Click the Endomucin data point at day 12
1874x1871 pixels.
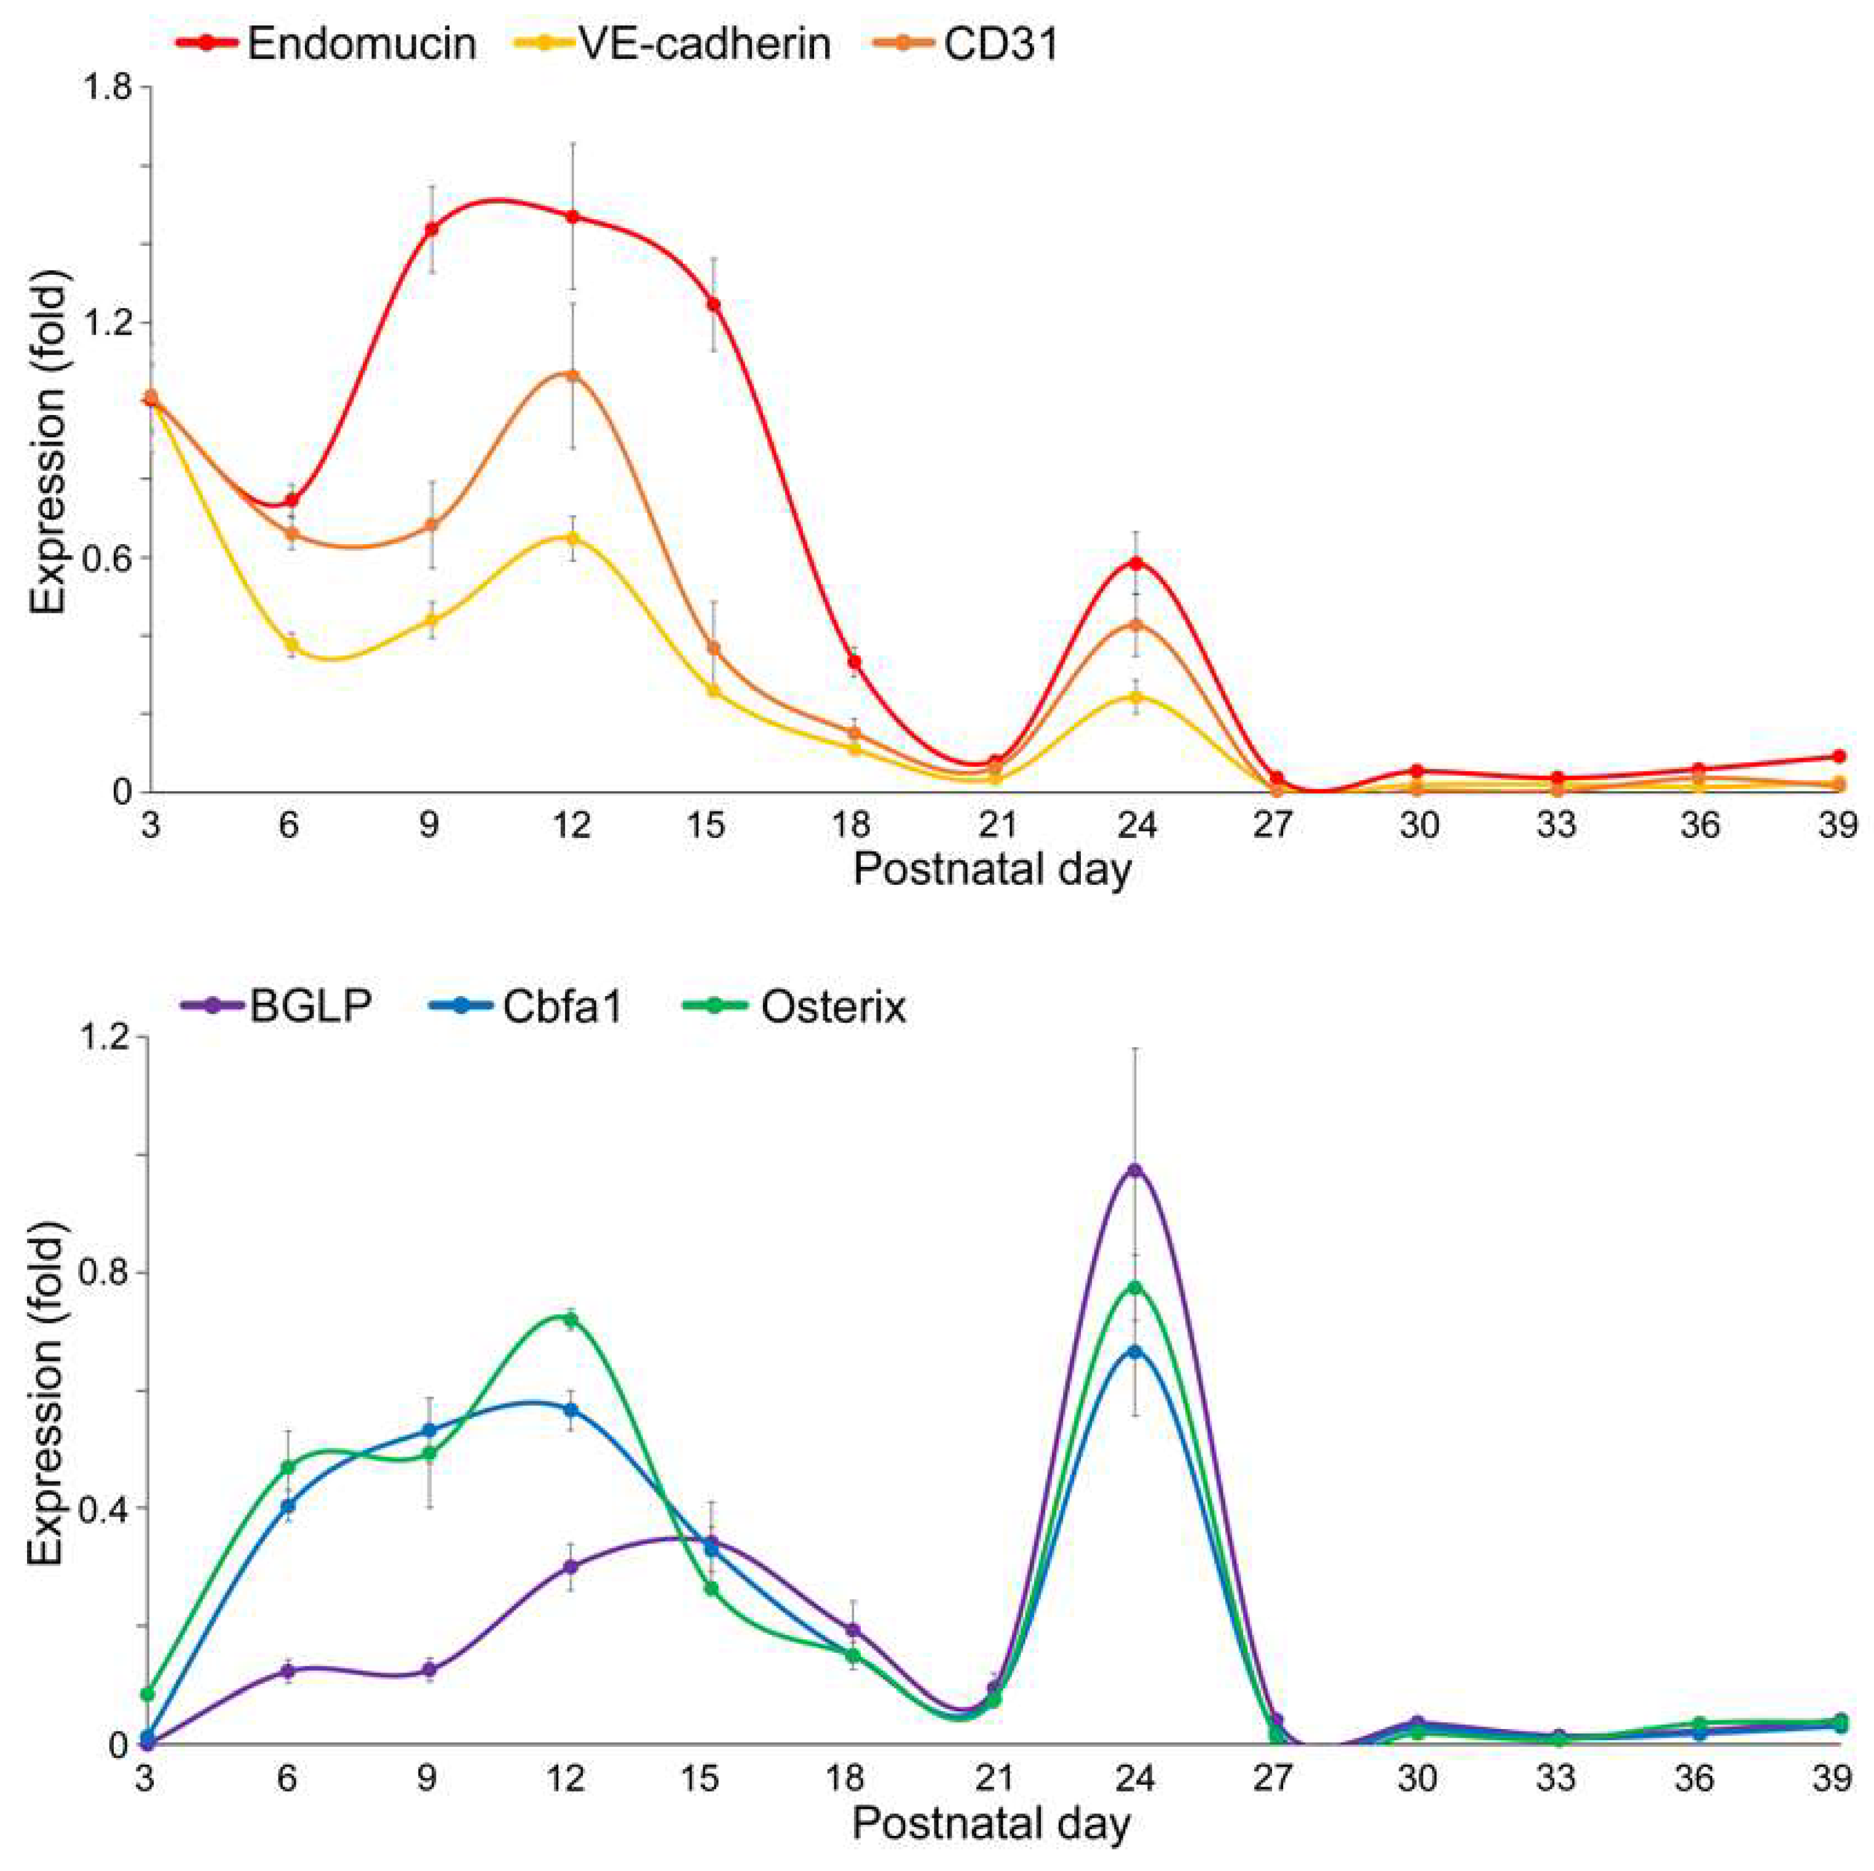click(x=572, y=216)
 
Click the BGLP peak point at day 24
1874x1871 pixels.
click(x=1134, y=1169)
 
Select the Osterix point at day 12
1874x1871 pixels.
click(x=571, y=1318)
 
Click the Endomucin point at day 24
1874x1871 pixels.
click(x=1136, y=563)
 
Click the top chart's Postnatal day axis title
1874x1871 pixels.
click(x=991, y=869)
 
